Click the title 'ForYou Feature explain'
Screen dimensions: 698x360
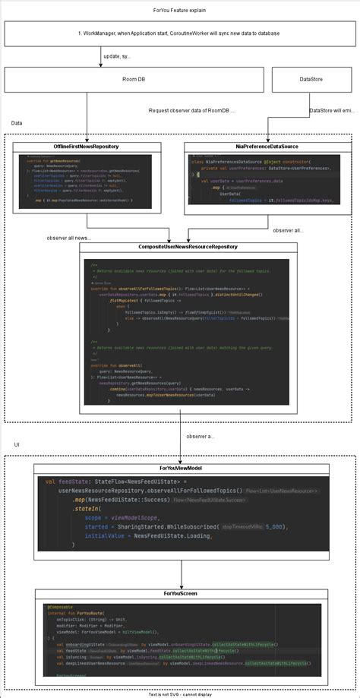(179, 11)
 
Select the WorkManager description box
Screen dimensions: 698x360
(179, 34)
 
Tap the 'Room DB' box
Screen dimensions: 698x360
(128, 79)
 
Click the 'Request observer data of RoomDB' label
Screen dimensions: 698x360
(192, 111)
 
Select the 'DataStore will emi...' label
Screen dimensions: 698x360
(332, 111)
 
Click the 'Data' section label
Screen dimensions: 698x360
(17, 123)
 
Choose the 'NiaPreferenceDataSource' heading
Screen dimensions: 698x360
(268, 146)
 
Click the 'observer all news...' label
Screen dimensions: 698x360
(70, 238)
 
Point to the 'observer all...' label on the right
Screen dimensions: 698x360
(288, 230)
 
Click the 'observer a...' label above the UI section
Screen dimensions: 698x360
(201, 437)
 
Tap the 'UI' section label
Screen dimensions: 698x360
(17, 444)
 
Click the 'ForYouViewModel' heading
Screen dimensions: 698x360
(179, 469)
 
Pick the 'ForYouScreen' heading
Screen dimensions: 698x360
(179, 592)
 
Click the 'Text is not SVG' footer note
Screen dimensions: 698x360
(179, 693)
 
